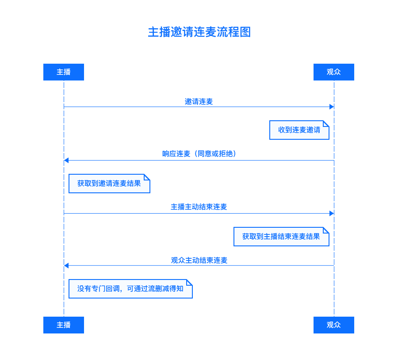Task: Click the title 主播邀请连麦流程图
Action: coord(199,32)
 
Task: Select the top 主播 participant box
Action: coord(64,72)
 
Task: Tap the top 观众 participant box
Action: coord(334,72)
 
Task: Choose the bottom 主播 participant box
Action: coord(64,325)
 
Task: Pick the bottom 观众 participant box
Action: coord(334,325)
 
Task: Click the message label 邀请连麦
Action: coord(199,102)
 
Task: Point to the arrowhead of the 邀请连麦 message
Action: coord(332,107)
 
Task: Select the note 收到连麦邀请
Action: coord(299,130)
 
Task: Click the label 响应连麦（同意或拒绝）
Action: coord(199,153)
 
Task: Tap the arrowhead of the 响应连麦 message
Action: coord(66,160)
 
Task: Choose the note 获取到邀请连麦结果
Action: coord(109,184)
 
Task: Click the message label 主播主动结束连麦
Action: coord(199,207)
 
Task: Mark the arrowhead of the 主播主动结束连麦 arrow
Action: coord(332,213)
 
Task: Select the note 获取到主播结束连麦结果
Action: coord(281,237)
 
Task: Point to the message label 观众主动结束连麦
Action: coord(199,260)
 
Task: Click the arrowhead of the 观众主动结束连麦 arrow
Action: coord(66,265)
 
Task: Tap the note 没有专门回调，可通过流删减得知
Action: coord(131,289)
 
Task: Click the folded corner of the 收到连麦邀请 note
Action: coord(326,124)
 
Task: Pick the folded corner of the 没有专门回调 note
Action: coord(189,283)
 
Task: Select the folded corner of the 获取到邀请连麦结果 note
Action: coord(147,177)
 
